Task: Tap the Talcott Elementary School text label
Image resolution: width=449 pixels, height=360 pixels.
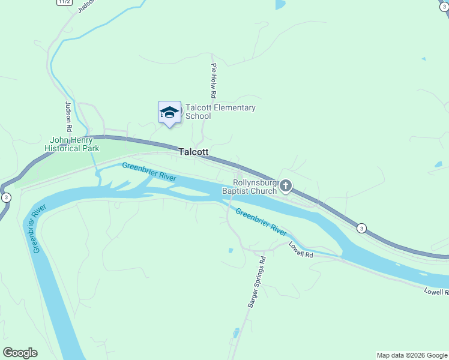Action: coord(220,112)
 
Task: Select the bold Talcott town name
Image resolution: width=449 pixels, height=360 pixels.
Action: coord(193,152)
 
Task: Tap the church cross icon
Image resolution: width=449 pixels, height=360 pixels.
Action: coord(285,186)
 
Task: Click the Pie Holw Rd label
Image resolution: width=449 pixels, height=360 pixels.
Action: coord(213,81)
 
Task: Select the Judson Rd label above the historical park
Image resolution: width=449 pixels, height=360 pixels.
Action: coord(68,116)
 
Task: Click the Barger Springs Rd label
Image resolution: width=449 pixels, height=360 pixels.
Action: coord(257,282)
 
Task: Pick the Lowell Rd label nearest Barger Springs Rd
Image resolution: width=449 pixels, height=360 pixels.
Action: coord(301,250)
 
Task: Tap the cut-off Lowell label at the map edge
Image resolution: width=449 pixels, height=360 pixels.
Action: coord(436,292)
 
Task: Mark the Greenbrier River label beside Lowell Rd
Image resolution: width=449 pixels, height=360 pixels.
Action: coord(261,221)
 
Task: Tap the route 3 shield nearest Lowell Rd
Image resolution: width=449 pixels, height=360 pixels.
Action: coord(361,228)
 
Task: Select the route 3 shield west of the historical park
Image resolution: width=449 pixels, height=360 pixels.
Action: coord(6,197)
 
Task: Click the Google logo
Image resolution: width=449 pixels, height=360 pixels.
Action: coord(20,353)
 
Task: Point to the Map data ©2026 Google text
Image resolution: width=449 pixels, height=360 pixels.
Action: coord(412,355)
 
